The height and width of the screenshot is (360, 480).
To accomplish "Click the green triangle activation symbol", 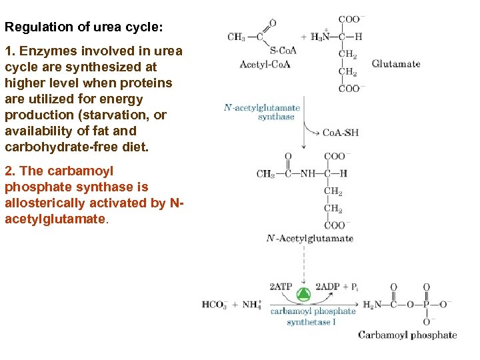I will pyautogui.click(x=303, y=294).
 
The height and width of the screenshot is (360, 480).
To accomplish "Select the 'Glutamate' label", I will pyautogui.click(x=396, y=64).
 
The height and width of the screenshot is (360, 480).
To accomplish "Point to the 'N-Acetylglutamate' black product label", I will pyautogui.click(x=309, y=238).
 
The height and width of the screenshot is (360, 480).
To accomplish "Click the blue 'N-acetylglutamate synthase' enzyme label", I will pyautogui.click(x=263, y=111).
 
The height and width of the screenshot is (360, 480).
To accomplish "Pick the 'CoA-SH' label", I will pyautogui.click(x=341, y=132).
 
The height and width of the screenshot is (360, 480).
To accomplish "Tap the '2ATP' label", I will pyautogui.click(x=281, y=287).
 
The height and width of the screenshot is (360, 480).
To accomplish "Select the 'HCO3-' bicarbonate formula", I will pyautogui.click(x=215, y=305).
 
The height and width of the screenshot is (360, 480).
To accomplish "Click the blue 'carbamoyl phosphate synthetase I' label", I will pyautogui.click(x=313, y=316).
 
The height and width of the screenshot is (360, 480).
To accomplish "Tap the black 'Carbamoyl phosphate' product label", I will pyautogui.click(x=407, y=335).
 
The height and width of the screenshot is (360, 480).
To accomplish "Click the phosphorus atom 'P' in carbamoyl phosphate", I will pyautogui.click(x=427, y=305).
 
